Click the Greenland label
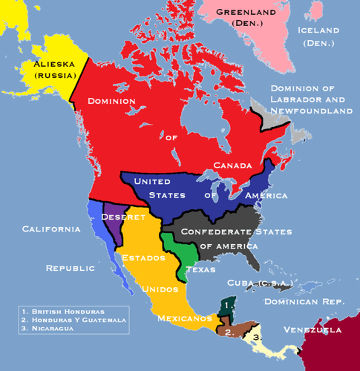point(246,12)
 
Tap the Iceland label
point(318,31)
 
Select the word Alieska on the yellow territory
point(54,64)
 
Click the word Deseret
point(123,217)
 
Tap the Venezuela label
point(312,330)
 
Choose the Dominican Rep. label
point(304,302)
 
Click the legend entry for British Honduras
point(68,312)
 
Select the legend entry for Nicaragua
point(53,328)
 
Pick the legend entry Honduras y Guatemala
point(79,320)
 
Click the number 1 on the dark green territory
point(226,305)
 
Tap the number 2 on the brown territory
point(229,333)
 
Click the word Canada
point(233,165)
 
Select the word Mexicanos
point(185,318)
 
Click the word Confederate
point(216,232)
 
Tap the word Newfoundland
point(311,111)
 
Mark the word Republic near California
point(70,268)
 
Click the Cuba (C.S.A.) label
point(260,283)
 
